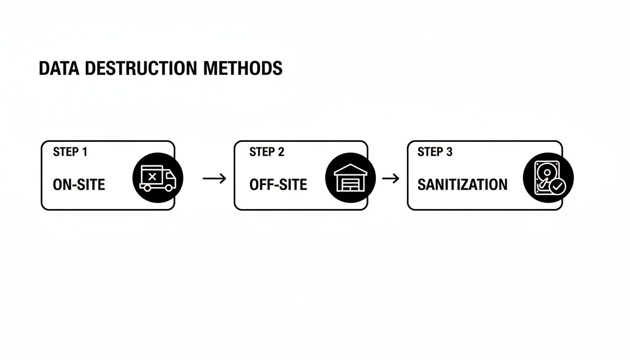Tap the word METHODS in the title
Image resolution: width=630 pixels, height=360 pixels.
(243, 68)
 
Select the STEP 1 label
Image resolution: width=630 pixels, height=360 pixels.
(70, 152)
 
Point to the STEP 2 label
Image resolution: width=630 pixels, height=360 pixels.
(267, 152)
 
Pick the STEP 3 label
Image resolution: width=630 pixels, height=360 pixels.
(435, 152)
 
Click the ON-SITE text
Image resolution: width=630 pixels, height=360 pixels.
(79, 184)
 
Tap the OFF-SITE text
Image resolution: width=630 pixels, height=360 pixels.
(278, 184)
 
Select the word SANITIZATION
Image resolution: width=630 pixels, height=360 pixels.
(462, 184)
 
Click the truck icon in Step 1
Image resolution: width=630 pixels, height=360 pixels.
(158, 178)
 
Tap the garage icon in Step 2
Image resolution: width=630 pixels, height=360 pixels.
(350, 178)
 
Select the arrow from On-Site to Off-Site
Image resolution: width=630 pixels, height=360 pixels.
(214, 178)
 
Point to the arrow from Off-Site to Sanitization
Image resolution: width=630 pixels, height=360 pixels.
(391, 178)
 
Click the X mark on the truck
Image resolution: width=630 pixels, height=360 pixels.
(152, 177)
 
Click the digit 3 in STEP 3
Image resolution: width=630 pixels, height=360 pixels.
(450, 152)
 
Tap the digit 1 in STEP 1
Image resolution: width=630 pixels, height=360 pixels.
(84, 152)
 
